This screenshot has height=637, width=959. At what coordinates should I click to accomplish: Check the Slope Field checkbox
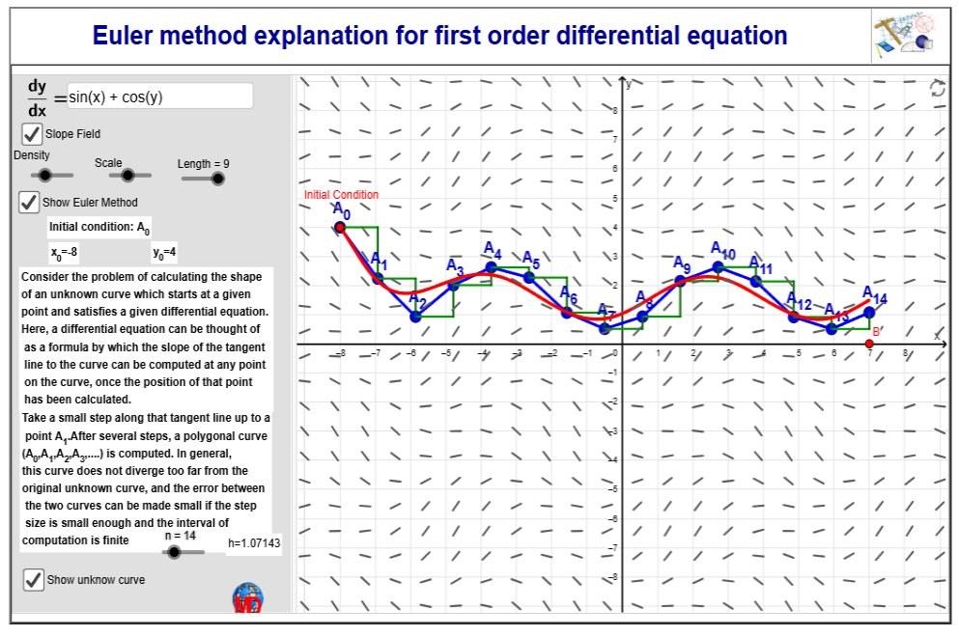(x=32, y=133)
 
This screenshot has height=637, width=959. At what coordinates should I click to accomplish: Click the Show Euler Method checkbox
(x=30, y=203)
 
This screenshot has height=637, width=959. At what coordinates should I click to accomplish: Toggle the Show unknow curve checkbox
(x=34, y=579)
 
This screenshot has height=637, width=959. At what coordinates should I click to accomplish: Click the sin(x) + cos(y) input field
(x=159, y=97)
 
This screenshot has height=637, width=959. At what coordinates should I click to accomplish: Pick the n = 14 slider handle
(x=174, y=552)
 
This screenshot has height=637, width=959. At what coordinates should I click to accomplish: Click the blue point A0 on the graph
(x=340, y=228)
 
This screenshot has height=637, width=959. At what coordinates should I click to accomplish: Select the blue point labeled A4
(x=492, y=267)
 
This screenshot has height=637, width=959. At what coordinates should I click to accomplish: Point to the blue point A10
(x=719, y=267)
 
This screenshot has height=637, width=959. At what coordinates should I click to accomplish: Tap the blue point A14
(x=869, y=312)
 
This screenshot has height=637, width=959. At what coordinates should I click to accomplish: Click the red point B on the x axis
(x=869, y=344)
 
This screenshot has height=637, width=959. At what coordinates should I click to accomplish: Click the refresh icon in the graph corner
(x=937, y=89)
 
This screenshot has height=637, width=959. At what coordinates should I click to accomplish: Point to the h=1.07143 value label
(x=254, y=543)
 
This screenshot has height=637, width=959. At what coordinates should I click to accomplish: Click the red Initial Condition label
(x=341, y=195)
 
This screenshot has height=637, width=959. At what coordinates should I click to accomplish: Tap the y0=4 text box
(x=164, y=253)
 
